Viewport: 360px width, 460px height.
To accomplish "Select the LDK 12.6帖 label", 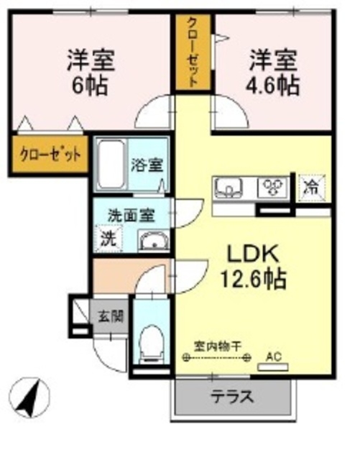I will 257,266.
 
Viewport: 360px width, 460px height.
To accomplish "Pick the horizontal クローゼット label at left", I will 50,153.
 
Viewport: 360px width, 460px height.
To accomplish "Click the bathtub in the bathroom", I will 111,164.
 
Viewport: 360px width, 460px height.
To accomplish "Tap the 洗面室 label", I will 130,213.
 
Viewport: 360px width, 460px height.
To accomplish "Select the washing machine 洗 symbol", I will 107,237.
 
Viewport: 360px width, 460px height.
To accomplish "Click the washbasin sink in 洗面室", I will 151,240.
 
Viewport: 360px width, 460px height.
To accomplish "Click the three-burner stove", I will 273,188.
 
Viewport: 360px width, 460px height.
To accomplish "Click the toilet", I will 152,344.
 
